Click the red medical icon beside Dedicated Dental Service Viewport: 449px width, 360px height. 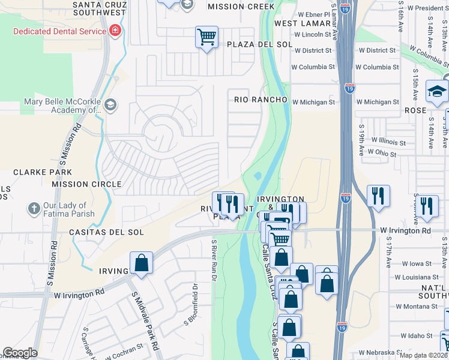click(114, 31)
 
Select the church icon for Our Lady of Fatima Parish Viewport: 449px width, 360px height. click(34, 209)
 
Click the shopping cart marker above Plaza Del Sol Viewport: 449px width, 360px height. click(206, 37)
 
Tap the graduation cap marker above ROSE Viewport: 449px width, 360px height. click(437, 91)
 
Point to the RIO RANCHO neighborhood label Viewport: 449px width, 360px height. click(261, 99)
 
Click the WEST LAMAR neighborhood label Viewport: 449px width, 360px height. click(300, 23)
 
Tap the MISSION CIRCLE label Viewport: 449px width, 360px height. click(86, 184)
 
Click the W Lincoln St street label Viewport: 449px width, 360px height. click(312, 35)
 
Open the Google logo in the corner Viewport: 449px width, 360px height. click(20, 353)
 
